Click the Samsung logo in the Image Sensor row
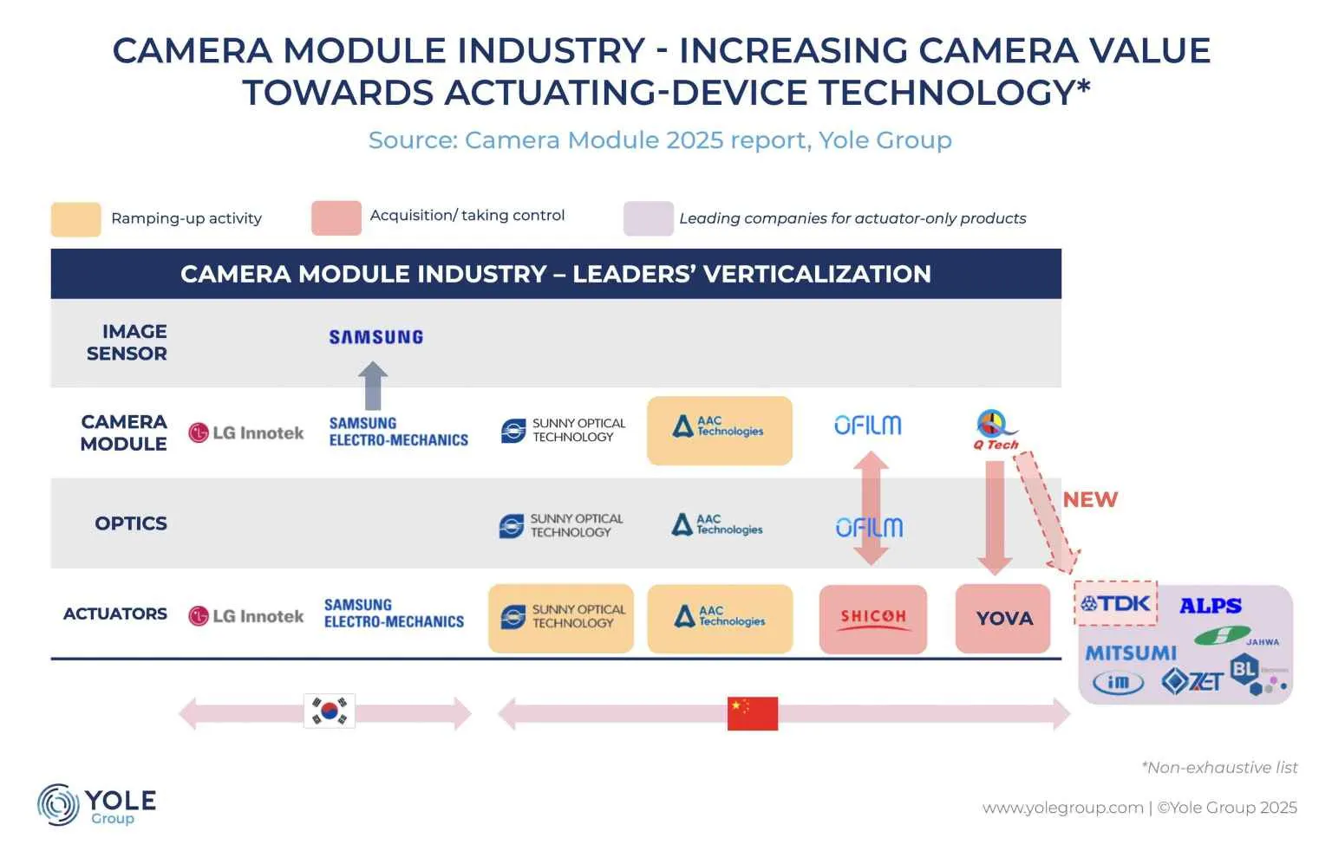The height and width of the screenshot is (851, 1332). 375,337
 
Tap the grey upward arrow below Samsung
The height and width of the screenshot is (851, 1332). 373,386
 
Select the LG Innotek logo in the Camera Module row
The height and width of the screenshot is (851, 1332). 246,432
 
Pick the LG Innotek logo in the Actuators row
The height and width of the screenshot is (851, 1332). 246,616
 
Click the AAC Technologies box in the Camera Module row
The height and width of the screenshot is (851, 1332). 719,431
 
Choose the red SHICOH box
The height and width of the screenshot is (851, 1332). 872,618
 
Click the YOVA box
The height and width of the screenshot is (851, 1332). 1003,619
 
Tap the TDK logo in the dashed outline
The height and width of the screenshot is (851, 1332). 1116,603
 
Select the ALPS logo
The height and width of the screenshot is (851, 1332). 1211,606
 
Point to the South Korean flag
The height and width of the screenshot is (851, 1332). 330,711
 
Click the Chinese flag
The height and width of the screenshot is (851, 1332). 752,713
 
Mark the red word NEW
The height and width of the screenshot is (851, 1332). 1090,500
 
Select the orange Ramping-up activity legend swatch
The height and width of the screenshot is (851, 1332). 75,219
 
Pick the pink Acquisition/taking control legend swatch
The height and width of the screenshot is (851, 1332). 336,218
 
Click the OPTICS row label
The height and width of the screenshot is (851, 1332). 131,523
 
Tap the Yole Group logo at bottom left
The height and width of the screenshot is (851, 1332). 96,805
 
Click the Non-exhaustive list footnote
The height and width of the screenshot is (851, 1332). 1219,768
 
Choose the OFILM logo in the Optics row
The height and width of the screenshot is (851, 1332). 869,527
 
